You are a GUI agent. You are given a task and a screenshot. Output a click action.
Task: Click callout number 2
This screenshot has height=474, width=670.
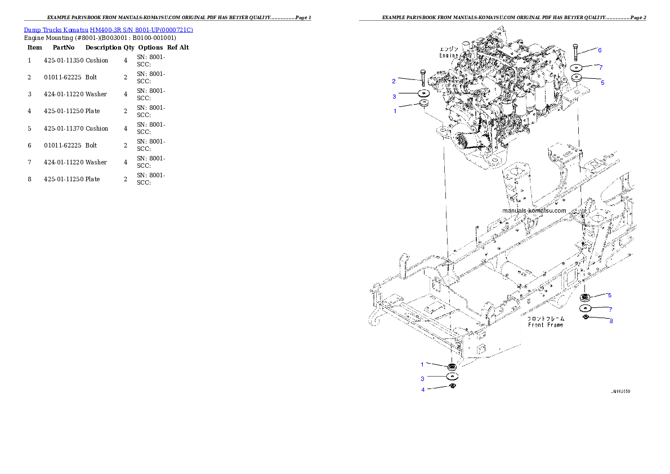click(394, 81)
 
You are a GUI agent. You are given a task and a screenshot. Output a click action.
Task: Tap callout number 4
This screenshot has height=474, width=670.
click(423, 390)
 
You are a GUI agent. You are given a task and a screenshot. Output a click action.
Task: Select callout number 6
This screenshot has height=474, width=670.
click(600, 50)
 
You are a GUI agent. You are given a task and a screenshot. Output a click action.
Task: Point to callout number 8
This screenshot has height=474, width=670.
click(611, 321)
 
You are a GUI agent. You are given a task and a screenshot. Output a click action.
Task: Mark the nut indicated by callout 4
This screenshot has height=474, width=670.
click(452, 387)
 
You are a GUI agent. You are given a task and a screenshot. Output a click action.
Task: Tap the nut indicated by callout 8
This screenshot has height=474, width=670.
click(585, 318)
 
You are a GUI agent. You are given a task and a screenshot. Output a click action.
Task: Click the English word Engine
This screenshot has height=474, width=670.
click(449, 56)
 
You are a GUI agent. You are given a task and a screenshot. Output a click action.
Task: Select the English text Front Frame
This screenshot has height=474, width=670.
click(546, 325)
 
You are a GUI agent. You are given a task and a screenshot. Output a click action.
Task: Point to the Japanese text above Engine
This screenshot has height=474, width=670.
click(449, 50)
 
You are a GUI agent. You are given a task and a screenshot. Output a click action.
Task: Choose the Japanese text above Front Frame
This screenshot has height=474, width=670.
click(546, 318)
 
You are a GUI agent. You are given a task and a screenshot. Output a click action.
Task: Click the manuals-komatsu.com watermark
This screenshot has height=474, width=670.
click(534, 211)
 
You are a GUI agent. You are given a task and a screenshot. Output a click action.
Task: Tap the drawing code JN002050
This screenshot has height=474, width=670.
click(620, 390)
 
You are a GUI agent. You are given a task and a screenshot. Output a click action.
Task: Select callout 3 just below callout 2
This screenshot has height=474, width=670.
click(394, 97)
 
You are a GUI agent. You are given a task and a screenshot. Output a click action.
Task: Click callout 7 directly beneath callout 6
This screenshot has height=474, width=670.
click(601, 68)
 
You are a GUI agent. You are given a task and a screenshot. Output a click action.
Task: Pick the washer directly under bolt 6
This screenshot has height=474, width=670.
click(577, 67)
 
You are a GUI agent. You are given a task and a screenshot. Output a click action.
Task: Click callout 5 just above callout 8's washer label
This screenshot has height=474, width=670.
click(609, 295)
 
